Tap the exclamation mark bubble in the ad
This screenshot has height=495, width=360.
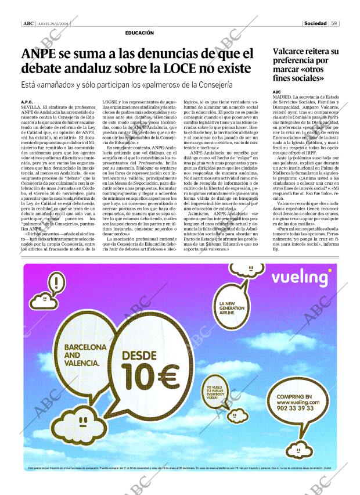click(x=56, y=284)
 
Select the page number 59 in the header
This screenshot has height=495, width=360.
click(x=334, y=24)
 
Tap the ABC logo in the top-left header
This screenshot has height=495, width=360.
click(x=28, y=24)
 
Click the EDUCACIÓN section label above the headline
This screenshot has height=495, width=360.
click(x=139, y=33)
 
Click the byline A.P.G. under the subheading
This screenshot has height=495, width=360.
click(x=27, y=102)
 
